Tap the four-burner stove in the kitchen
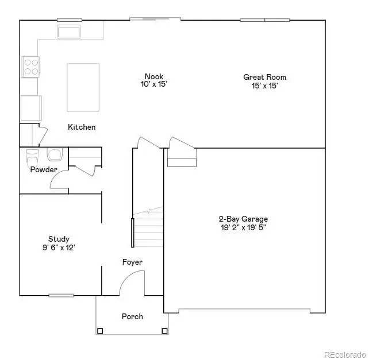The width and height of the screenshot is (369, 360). [30, 67]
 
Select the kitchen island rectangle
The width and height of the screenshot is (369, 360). [83, 87]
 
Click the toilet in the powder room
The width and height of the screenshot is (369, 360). [32, 156]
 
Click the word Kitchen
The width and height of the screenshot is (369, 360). [82, 127]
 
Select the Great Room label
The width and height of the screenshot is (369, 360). [264, 77]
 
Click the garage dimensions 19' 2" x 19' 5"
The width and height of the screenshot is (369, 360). [243, 227]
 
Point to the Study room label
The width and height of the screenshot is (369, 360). [59, 239]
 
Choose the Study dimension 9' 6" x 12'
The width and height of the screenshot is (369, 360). [59, 247]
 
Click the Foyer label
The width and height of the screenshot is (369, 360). [132, 262]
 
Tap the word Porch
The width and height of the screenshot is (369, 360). [132, 316]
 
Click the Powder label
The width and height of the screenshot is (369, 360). [44, 169]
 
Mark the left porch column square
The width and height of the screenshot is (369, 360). [100, 330]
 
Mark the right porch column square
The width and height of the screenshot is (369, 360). [164, 330]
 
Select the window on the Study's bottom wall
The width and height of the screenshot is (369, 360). [61, 295]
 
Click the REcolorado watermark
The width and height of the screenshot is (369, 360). [344, 354]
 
